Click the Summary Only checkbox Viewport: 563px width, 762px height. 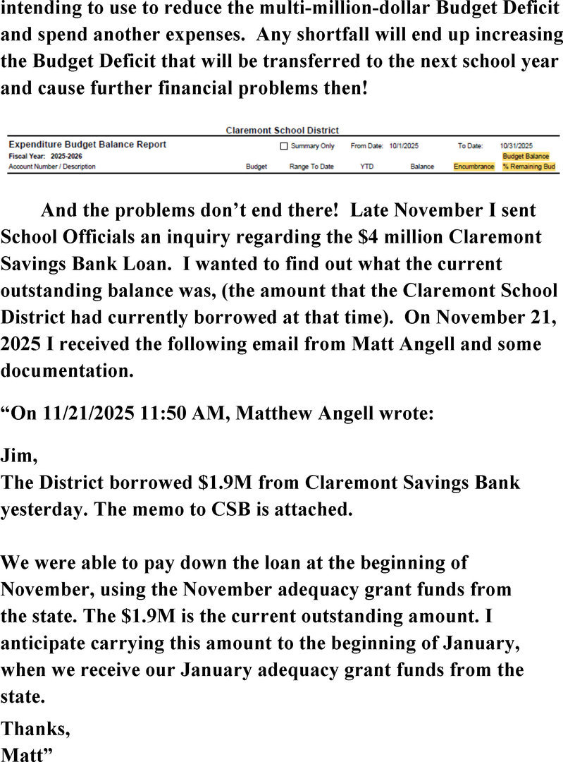coord(285,146)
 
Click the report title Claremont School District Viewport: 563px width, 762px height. coord(282,131)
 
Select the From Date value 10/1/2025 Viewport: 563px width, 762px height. coord(404,146)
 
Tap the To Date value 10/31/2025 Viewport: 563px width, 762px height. coord(516,146)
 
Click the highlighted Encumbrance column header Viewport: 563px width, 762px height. coord(474,167)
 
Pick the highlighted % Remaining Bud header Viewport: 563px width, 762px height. coord(528,167)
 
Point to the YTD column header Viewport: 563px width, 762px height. coord(366,167)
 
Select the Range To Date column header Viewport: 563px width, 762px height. coord(311,167)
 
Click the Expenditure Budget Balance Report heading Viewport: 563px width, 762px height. coord(87,145)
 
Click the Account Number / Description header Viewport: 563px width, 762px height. coord(51,167)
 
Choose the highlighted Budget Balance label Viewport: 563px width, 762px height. coord(525,156)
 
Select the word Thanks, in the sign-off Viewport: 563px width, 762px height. coord(35,727)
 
